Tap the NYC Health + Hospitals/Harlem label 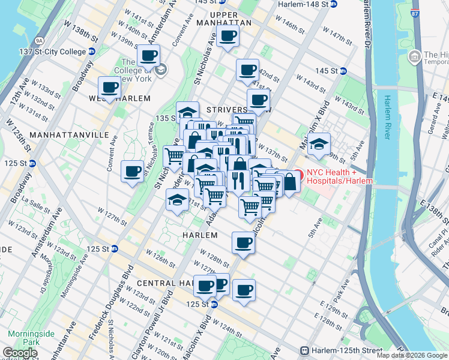(x=340, y=176)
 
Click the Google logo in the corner (x=20, y=353)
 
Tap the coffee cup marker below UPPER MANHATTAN (x=228, y=36)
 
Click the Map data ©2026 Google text (x=411, y=355)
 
